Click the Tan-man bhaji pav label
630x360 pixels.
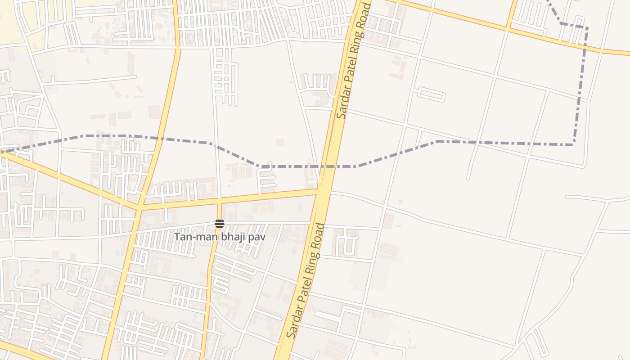(220, 237)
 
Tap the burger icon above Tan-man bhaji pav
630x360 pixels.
(220, 224)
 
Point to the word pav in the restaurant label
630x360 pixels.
(258, 237)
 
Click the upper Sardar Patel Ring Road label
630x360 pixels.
(355, 60)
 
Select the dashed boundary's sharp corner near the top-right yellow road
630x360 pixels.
(586, 28)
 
